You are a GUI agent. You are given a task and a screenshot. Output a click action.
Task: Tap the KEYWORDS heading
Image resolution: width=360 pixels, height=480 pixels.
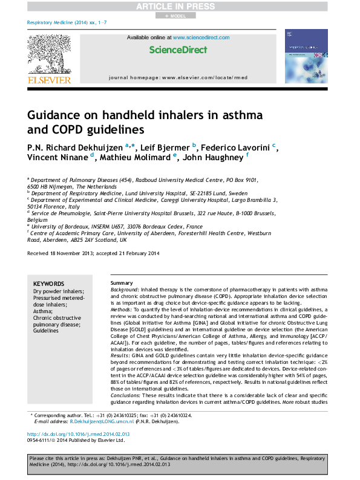pos(48,284)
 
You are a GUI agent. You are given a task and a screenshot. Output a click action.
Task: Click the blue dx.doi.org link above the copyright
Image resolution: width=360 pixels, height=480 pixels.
pos(79,434)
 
